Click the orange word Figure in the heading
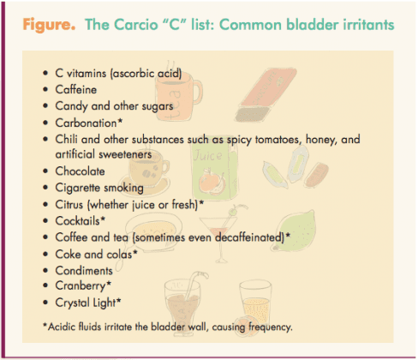(x=49, y=25)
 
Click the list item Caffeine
(x=76, y=89)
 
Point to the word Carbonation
(x=86, y=123)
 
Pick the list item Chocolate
(x=80, y=171)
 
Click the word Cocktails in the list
(x=78, y=221)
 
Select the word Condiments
(x=84, y=271)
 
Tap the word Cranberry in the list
(x=81, y=286)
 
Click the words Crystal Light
(x=86, y=303)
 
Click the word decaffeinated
(x=249, y=237)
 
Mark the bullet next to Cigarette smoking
(x=45, y=188)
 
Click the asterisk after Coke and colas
(x=135, y=252)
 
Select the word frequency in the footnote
(x=270, y=327)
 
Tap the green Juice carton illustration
(x=215, y=168)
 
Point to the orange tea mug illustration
(x=178, y=94)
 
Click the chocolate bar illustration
(x=266, y=95)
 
